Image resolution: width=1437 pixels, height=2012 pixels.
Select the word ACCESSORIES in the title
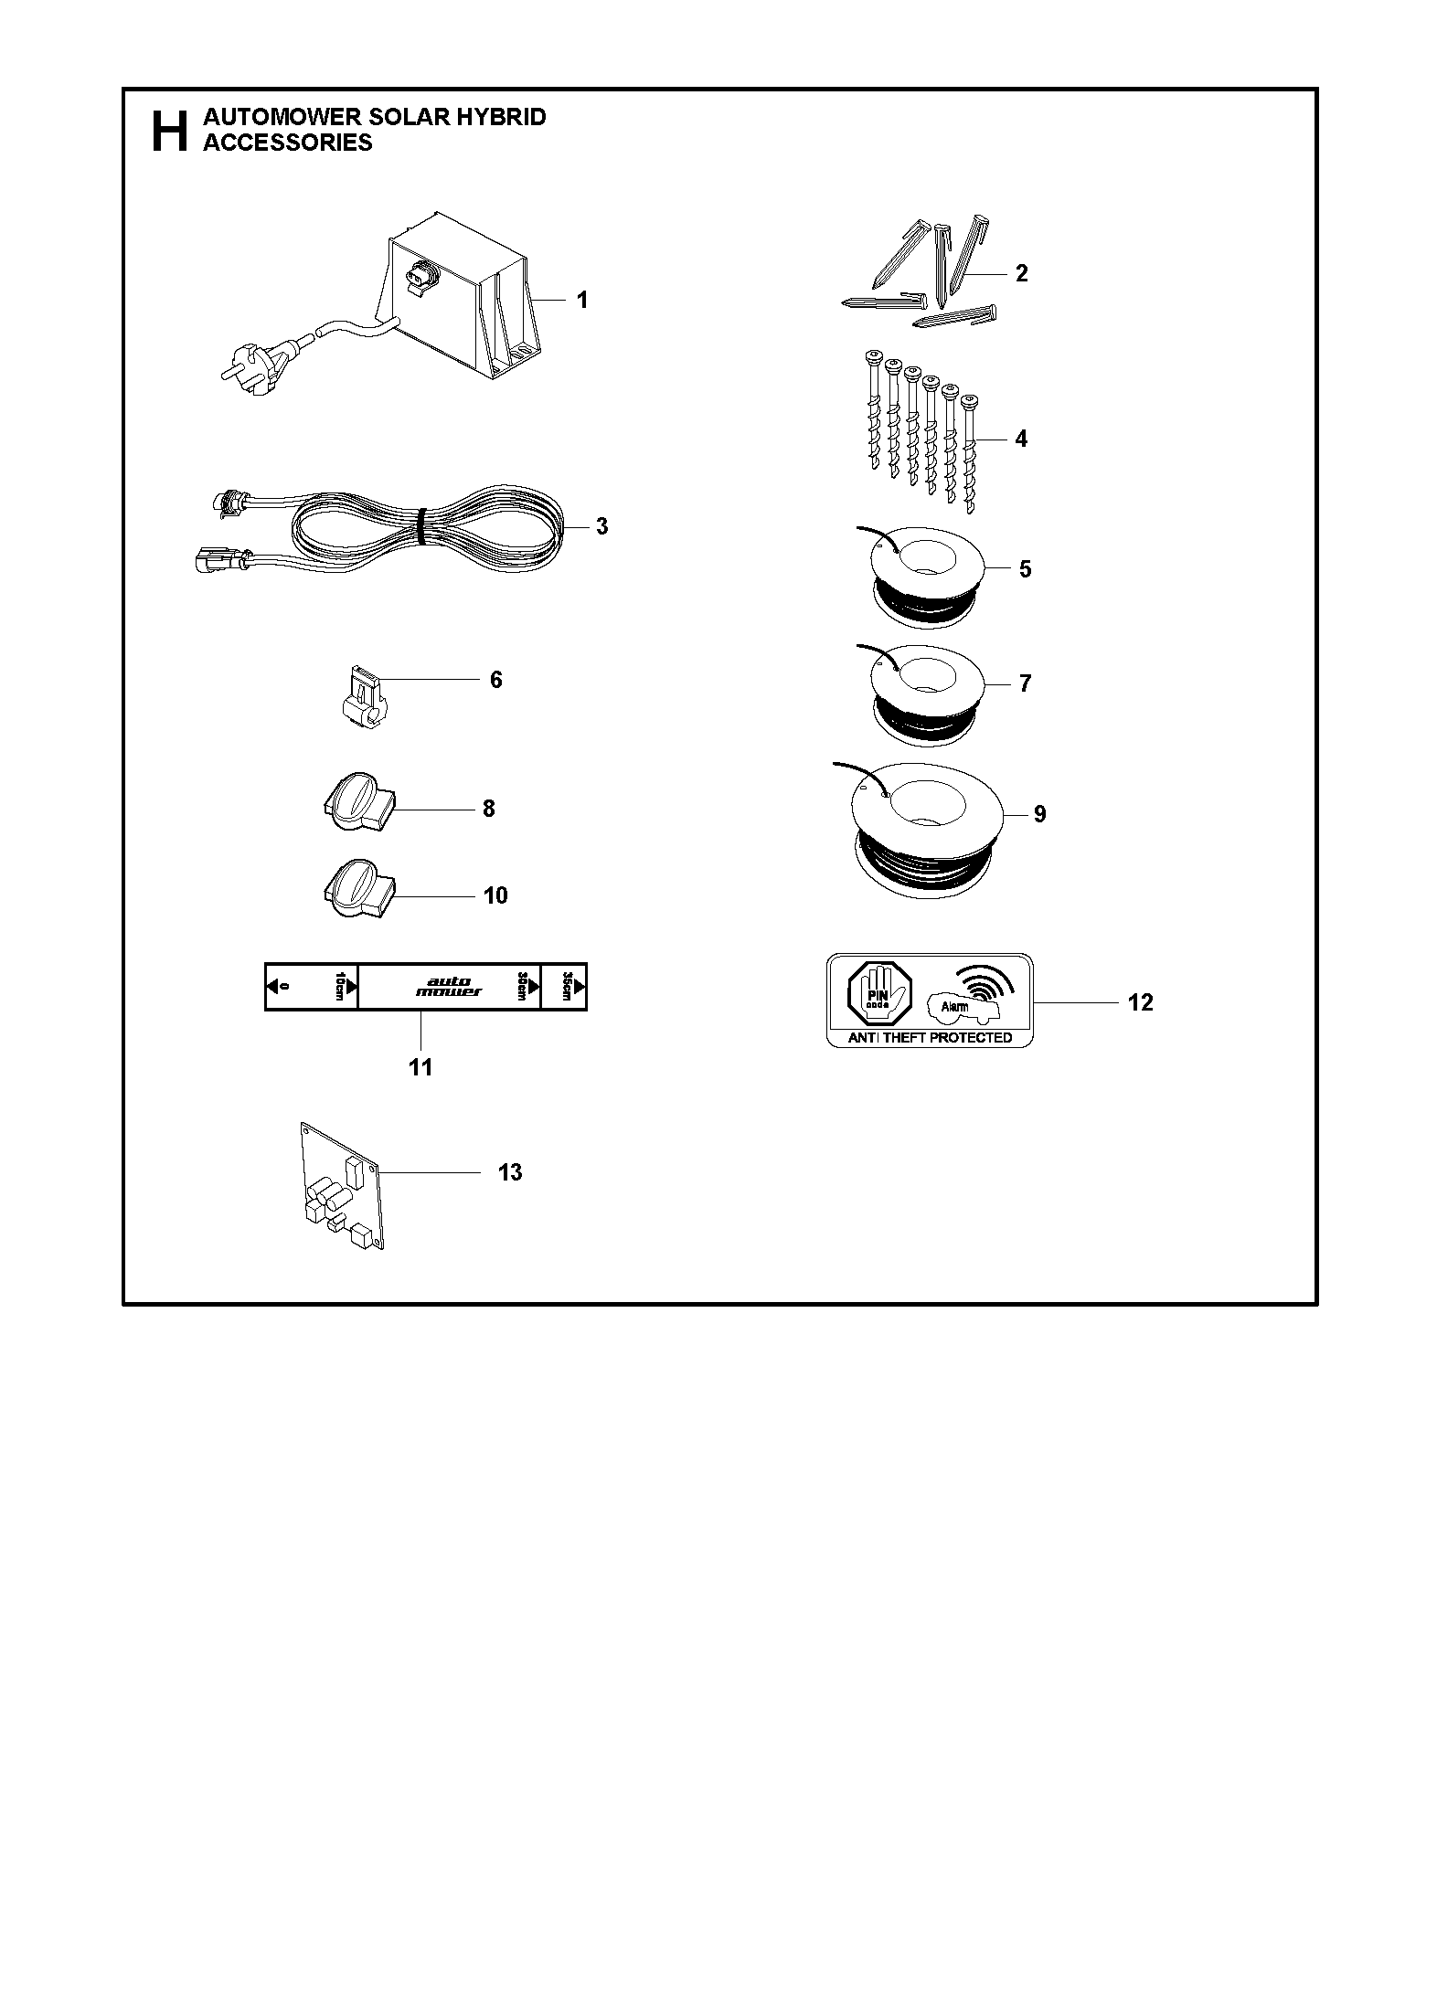[288, 143]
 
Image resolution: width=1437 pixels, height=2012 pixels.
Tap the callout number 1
[582, 300]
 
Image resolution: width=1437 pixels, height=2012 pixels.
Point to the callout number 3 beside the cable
[601, 526]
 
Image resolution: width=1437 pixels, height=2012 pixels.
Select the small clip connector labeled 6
[365, 697]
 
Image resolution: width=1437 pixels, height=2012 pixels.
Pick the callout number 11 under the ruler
[420, 1066]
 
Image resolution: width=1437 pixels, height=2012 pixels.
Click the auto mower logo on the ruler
[449, 987]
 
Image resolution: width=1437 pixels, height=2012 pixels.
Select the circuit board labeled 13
[341, 1185]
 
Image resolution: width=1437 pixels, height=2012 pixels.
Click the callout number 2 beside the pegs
[1021, 273]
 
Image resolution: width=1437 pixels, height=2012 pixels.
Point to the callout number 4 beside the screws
[1021, 439]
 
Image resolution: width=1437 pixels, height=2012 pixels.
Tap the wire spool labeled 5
[925, 579]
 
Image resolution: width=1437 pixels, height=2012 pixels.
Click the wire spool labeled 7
[925, 694]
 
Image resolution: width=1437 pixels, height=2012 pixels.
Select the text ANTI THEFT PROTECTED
[931, 1038]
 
